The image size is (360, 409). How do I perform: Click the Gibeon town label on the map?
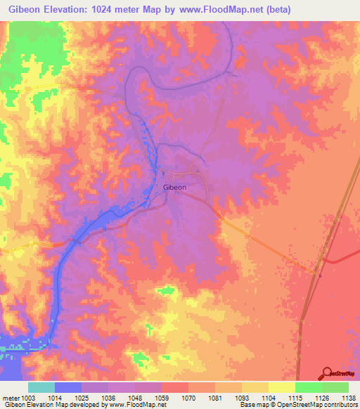click(x=174, y=188)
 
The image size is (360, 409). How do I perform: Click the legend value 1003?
click(x=28, y=398)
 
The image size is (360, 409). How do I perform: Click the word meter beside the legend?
click(x=10, y=398)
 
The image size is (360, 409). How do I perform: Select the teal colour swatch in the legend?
click(x=41, y=387)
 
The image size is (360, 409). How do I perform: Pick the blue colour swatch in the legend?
click(x=68, y=387)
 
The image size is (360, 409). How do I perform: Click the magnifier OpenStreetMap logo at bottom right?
click(x=328, y=372)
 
